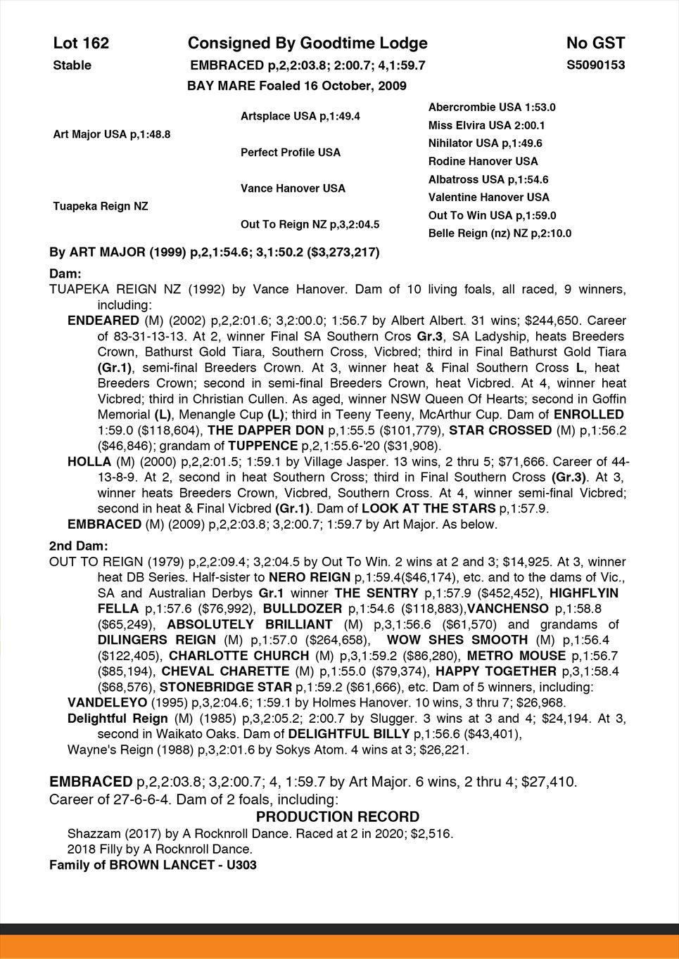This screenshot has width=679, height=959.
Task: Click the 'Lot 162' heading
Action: pyautogui.click(x=81, y=44)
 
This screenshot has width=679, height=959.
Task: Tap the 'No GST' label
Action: pyautogui.click(x=595, y=44)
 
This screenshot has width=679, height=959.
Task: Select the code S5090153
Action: pyautogui.click(x=596, y=65)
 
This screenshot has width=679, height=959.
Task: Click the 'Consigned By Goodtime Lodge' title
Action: pyautogui.click(x=307, y=44)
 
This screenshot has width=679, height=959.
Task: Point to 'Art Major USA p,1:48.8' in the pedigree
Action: pyautogui.click(x=112, y=134)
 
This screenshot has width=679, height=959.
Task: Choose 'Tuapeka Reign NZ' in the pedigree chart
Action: pyautogui.click(x=101, y=206)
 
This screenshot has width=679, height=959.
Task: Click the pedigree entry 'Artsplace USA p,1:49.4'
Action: pyautogui.click(x=300, y=116)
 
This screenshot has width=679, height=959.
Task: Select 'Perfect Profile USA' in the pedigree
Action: pyautogui.click(x=291, y=152)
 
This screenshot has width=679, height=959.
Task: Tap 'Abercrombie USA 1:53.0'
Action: pyautogui.click(x=492, y=108)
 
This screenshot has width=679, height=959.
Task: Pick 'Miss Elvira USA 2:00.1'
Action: pyautogui.click(x=487, y=125)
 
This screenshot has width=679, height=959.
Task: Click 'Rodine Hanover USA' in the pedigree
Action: pyautogui.click(x=483, y=161)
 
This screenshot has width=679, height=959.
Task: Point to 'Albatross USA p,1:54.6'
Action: pyautogui.click(x=488, y=179)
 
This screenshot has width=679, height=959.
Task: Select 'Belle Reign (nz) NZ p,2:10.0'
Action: pyautogui.click(x=500, y=233)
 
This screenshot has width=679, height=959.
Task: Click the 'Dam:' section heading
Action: pyautogui.click(x=65, y=273)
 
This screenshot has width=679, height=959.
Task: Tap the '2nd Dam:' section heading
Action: pyautogui.click(x=79, y=546)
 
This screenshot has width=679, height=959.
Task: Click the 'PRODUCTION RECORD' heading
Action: pyautogui.click(x=338, y=817)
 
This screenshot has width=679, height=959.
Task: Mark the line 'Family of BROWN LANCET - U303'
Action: pyautogui.click(x=153, y=865)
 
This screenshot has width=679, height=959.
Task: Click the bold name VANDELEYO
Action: pyautogui.click(x=108, y=702)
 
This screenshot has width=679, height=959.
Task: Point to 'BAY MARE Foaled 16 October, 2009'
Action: pyautogui.click(x=297, y=86)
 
